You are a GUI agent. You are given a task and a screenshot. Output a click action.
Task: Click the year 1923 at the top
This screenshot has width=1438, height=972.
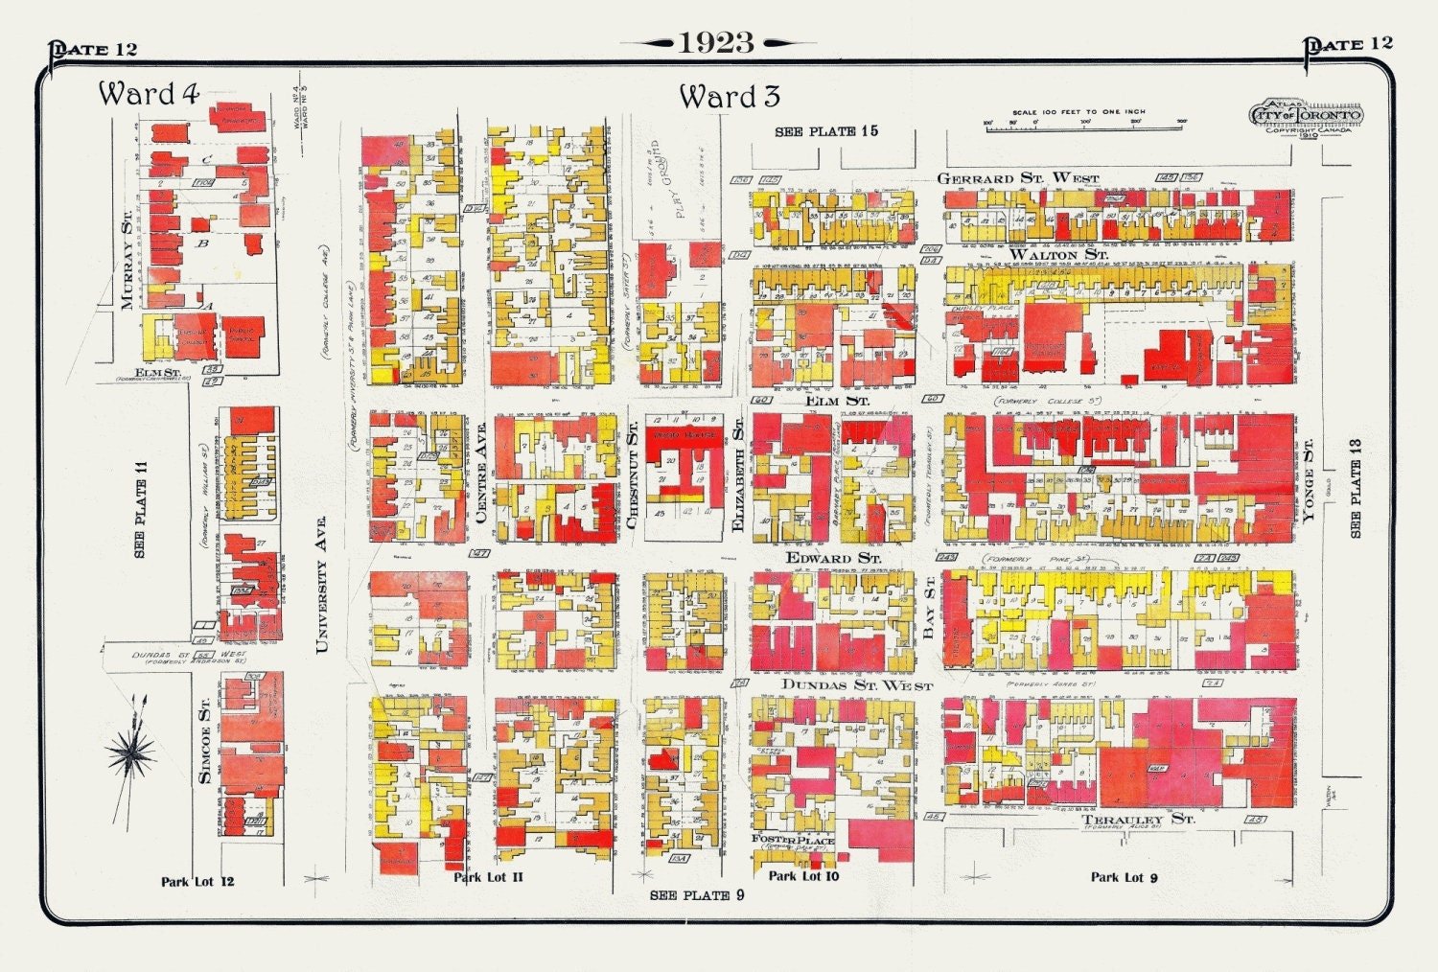pos(717,42)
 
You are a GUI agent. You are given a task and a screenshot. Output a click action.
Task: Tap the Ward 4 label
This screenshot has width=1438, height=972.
pos(149,94)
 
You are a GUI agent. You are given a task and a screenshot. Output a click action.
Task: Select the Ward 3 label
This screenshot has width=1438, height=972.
pos(730,97)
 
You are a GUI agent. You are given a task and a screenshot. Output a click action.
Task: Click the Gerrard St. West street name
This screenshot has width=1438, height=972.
pos(1017,178)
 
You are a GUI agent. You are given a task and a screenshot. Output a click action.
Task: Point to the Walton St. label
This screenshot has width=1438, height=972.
pos(1057,254)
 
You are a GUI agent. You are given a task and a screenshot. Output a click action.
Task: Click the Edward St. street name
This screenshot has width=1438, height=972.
pos(833,558)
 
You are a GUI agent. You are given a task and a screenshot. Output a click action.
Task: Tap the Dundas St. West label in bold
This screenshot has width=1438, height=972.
pos(856,684)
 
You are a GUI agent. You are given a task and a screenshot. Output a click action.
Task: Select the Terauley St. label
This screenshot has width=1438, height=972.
pos(1138,820)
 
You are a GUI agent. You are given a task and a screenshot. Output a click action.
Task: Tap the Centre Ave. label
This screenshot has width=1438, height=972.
pos(480,474)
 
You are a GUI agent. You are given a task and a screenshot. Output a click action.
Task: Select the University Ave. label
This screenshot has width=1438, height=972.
pos(321,585)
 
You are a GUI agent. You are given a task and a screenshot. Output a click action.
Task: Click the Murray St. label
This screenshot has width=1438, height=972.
pos(128,262)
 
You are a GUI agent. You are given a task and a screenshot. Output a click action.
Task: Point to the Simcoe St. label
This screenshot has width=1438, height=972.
pos(204,741)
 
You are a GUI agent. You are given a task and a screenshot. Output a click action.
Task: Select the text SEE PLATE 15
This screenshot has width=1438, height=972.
pos(825,131)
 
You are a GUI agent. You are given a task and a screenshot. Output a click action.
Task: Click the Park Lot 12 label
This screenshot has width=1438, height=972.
pos(197,881)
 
